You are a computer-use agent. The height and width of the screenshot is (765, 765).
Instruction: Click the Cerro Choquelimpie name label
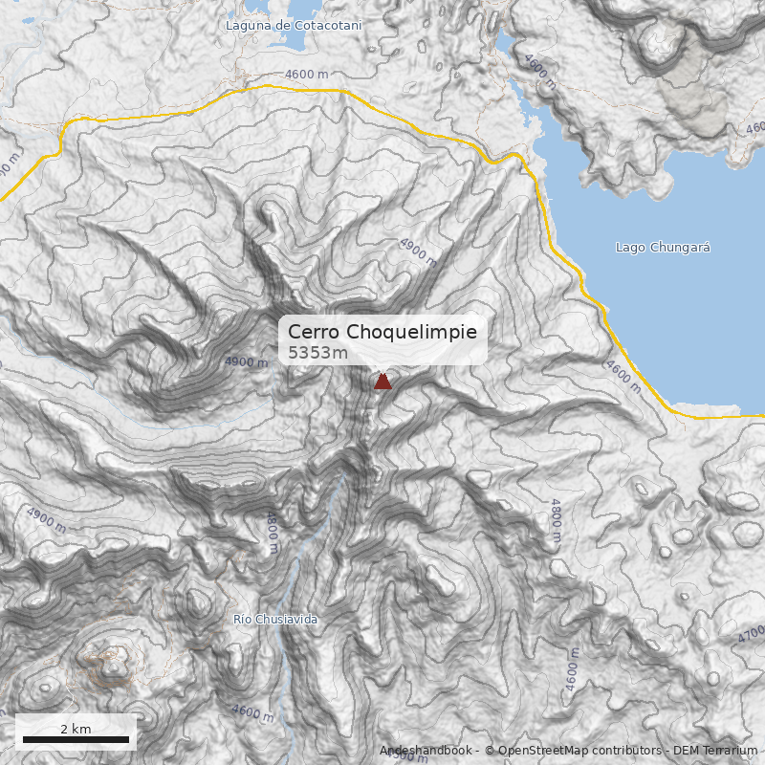click(x=382, y=331)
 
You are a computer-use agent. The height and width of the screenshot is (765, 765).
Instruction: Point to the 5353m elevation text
click(x=318, y=353)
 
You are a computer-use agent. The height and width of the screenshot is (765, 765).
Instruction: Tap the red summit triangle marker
click(x=382, y=382)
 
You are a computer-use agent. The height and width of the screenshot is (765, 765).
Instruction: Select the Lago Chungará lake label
click(x=663, y=248)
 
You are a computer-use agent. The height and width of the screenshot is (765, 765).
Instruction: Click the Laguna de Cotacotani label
click(x=294, y=25)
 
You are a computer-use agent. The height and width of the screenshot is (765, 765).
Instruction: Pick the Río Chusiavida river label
click(x=275, y=620)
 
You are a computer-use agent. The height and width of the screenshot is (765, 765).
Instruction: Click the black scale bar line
click(x=76, y=739)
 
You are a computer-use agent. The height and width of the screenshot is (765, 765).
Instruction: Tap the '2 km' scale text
click(x=76, y=729)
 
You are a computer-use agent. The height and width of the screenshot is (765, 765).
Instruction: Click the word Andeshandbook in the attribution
click(x=426, y=751)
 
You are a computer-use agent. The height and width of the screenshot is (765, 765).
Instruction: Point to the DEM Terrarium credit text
click(x=715, y=751)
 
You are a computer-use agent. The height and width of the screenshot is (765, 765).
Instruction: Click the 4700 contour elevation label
click(x=752, y=633)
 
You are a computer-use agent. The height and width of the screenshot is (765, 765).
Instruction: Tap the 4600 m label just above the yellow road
click(x=306, y=75)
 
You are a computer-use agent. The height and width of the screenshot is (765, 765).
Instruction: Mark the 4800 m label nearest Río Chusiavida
click(x=273, y=532)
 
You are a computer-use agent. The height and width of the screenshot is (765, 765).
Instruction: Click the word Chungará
click(x=680, y=248)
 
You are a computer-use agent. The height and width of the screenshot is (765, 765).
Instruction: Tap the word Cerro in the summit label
click(x=315, y=331)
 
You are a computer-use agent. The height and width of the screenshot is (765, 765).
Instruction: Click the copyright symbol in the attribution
click(x=490, y=751)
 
